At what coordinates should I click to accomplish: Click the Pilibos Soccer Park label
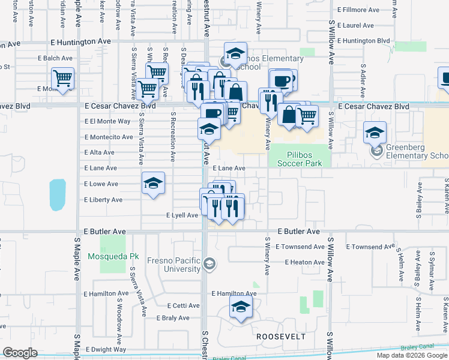(298, 157)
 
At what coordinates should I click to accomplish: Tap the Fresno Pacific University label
(173, 265)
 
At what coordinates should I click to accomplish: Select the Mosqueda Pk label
(113, 256)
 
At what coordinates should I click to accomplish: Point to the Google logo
(20, 352)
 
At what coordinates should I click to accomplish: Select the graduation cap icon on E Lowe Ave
(153, 183)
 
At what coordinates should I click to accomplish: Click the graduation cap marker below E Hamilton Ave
(241, 308)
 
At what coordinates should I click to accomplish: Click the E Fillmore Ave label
(358, 10)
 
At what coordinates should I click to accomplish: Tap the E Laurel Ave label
(355, 26)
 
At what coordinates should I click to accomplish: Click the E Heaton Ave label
(304, 262)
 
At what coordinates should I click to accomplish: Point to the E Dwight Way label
(106, 349)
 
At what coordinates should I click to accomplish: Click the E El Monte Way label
(107, 121)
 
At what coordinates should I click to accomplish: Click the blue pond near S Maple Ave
(57, 195)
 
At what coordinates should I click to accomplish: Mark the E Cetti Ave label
(183, 305)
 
